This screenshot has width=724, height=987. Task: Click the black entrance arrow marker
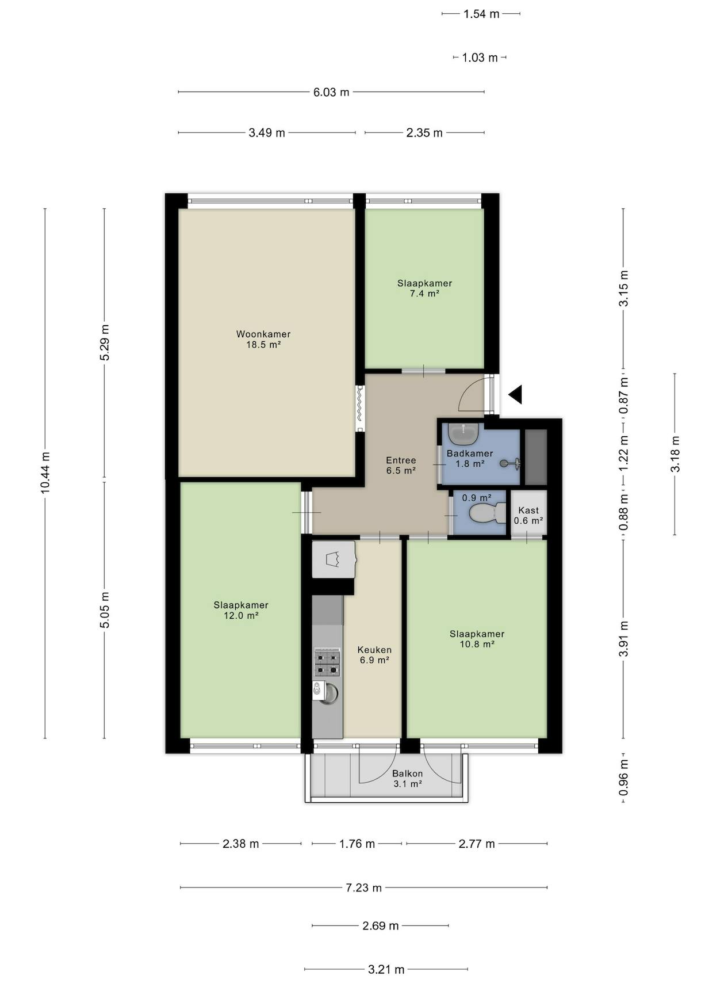point(516,394)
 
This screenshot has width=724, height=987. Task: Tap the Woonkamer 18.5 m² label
point(263,340)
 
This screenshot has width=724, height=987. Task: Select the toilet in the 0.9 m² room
point(487,513)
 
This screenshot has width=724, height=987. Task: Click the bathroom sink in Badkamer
point(463,434)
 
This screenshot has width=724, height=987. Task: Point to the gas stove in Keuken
point(326,662)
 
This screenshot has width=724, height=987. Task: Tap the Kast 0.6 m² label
point(528,515)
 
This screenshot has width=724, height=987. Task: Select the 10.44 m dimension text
point(45,472)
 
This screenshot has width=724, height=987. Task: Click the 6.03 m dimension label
point(331,92)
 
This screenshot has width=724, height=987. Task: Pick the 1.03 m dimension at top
point(480,58)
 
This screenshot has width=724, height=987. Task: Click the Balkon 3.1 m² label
point(408,779)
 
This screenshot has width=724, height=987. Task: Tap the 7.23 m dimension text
point(363,887)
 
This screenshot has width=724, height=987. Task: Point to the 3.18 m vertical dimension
point(675,454)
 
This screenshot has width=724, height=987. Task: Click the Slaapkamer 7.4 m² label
point(424,288)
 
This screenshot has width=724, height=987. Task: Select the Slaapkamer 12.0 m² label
point(241,610)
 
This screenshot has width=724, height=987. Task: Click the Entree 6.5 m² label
point(401,465)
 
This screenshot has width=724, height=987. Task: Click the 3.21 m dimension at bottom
point(386,969)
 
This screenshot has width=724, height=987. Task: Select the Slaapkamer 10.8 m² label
point(477,639)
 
